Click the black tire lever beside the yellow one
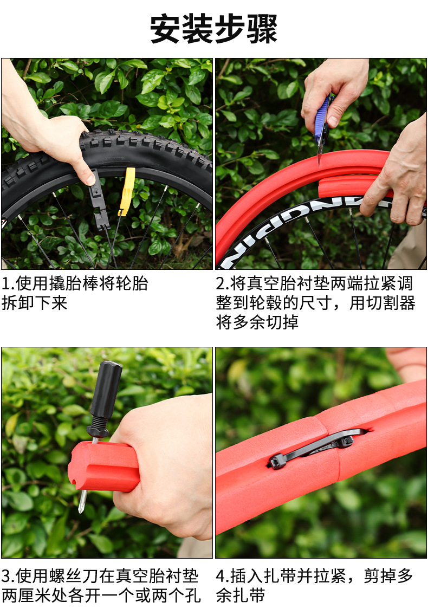(99, 200)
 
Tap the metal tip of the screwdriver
(82, 501)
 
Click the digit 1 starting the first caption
(5, 283)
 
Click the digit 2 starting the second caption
(220, 283)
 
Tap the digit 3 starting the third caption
(6, 576)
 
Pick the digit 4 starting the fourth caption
(221, 576)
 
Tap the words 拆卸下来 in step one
(35, 303)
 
